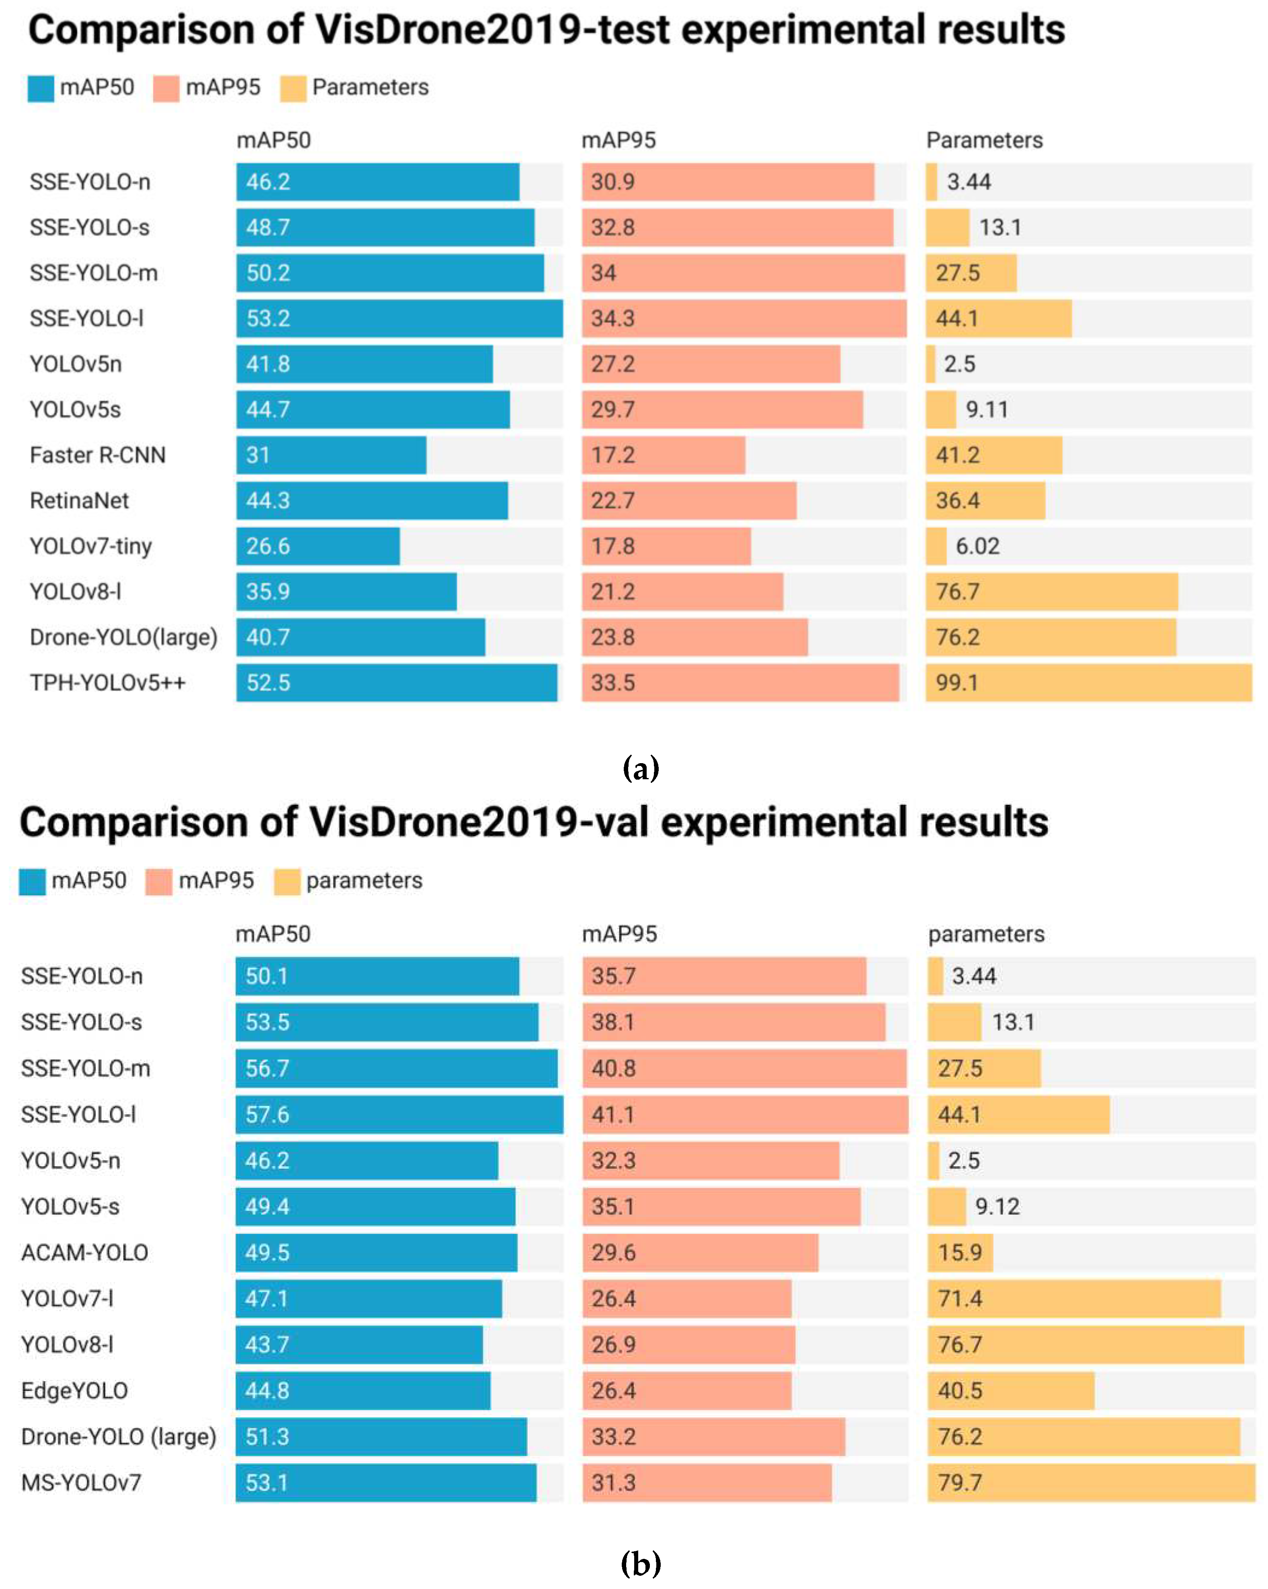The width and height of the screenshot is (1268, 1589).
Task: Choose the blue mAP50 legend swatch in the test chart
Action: coord(41,88)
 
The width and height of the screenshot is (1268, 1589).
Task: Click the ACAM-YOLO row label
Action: coord(85,1252)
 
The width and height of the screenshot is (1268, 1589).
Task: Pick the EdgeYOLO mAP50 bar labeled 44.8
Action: coord(363,1391)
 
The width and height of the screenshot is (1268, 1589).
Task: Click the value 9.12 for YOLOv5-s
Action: coord(998,1206)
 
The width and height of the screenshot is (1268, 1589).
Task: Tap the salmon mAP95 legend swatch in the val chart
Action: coord(158,881)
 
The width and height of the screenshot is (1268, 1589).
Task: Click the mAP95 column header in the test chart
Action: coord(619,140)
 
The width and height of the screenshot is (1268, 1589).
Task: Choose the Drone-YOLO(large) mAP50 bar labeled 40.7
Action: coord(361,637)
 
